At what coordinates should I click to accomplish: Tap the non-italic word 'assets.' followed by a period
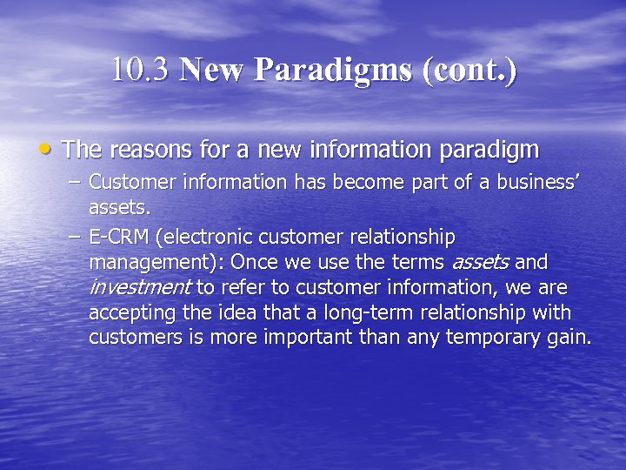[x=120, y=208]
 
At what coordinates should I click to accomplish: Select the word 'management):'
[x=155, y=262]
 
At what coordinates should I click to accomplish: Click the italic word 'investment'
[x=140, y=287]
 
